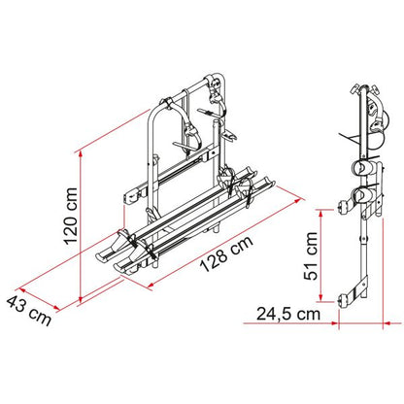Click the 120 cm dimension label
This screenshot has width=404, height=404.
click(71, 216)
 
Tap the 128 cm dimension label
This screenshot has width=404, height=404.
click(225, 254)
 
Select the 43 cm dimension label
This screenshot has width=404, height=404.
click(29, 311)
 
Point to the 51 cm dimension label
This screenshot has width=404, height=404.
click(311, 255)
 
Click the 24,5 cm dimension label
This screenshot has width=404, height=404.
click(288, 314)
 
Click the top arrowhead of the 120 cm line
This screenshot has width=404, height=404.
click(80, 155)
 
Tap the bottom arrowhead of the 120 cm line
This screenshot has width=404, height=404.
click(80, 297)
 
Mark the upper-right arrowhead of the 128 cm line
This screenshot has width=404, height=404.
click(297, 201)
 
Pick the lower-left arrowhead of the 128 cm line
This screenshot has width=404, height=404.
click(151, 286)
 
